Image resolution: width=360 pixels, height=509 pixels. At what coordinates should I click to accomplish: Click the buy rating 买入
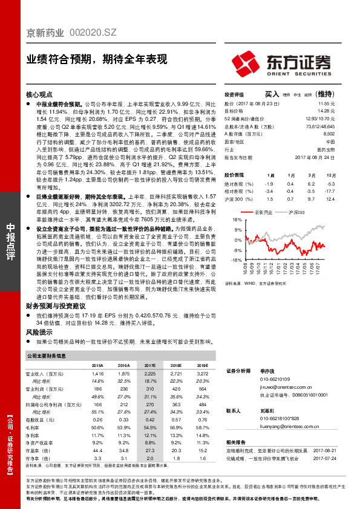coord(272,95)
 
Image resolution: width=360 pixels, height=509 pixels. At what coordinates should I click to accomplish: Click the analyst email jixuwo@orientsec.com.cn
coord(275,385)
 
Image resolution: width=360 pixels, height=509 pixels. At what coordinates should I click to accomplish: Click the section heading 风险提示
coord(38,332)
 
